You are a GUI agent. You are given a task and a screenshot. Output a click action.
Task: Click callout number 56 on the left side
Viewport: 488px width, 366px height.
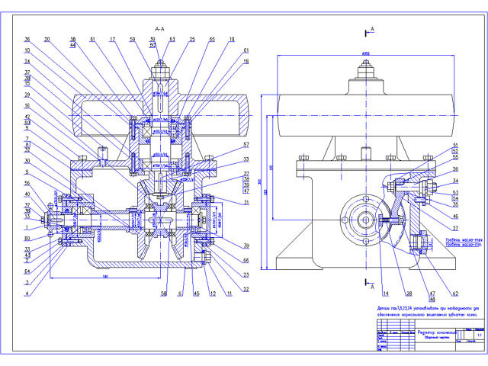point(27,183)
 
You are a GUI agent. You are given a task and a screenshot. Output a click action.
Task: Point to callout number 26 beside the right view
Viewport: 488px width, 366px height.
point(455,169)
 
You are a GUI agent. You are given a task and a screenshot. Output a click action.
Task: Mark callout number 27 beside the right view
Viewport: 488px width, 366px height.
point(455,227)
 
